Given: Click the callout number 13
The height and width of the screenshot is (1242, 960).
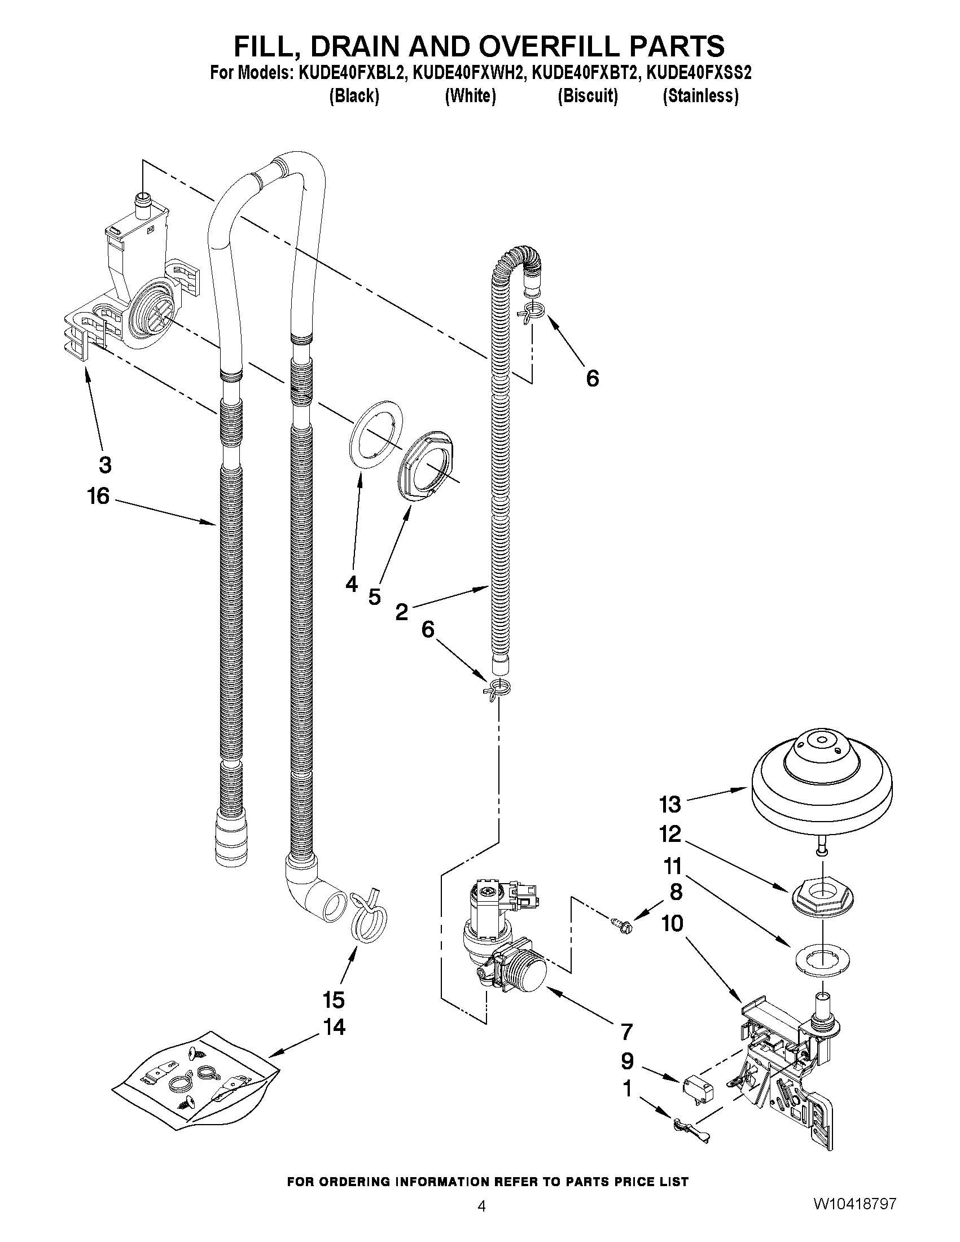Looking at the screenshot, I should (x=670, y=805).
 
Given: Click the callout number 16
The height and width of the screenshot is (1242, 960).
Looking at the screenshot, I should (x=98, y=497).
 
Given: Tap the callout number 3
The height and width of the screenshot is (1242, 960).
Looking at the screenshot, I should (x=104, y=464).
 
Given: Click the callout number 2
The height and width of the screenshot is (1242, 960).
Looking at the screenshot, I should (x=401, y=612).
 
